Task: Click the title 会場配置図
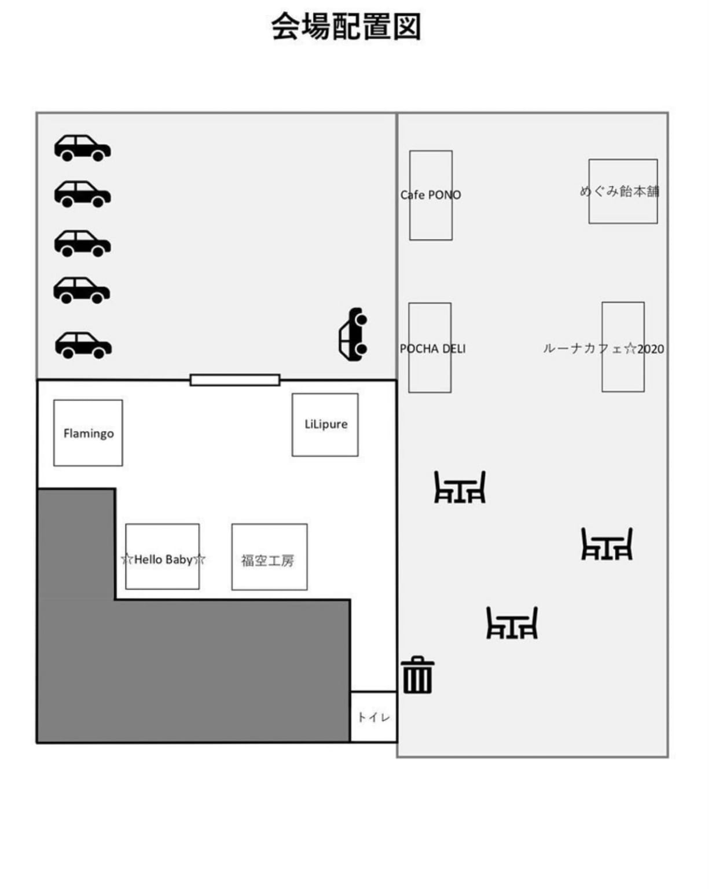pyautogui.click(x=346, y=27)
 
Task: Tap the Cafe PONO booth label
pyautogui.click(x=431, y=195)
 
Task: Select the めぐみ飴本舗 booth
pyautogui.click(x=623, y=191)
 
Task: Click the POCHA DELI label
pyautogui.click(x=432, y=348)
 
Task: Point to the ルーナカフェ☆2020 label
pyautogui.click(x=603, y=348)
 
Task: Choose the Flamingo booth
pyautogui.click(x=88, y=432)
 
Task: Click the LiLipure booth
pyautogui.click(x=325, y=425)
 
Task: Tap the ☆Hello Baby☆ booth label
pyautogui.click(x=163, y=559)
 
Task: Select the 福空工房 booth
pyautogui.click(x=269, y=557)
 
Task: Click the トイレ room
pyautogui.click(x=373, y=717)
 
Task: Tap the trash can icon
pyautogui.click(x=418, y=675)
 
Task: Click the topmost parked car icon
pyautogui.click(x=82, y=148)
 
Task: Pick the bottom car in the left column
pyautogui.click(x=83, y=345)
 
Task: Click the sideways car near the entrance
pyautogui.click(x=353, y=334)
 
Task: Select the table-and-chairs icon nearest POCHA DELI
pyautogui.click(x=460, y=487)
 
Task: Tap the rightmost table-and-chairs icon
pyautogui.click(x=607, y=544)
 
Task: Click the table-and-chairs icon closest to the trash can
pyautogui.click(x=512, y=623)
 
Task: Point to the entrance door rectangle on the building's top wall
pyautogui.click(x=234, y=380)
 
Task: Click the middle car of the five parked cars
pyautogui.click(x=82, y=243)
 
